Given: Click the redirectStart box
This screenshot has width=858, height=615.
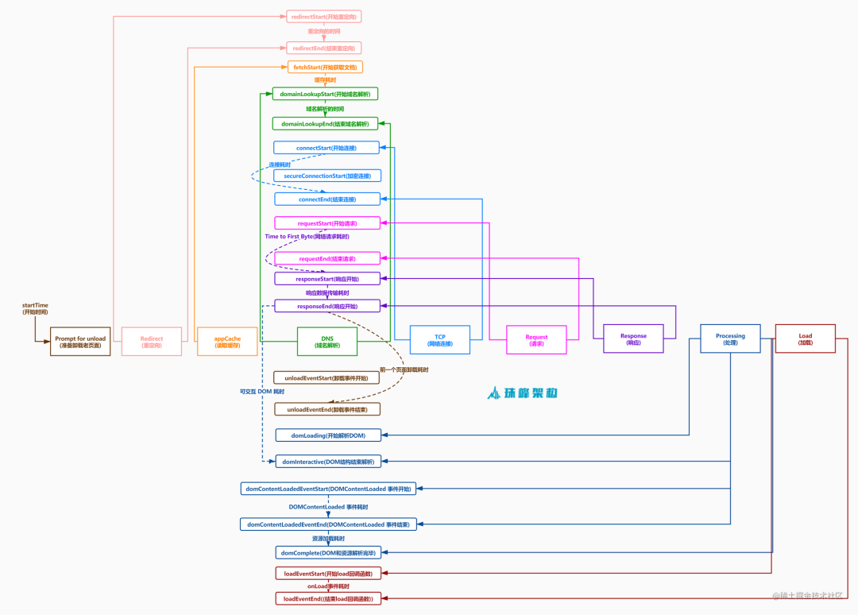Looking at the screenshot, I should click(x=323, y=16).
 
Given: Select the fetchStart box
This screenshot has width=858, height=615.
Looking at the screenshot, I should click(x=325, y=68).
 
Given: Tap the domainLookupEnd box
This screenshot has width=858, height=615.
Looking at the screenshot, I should click(x=324, y=124).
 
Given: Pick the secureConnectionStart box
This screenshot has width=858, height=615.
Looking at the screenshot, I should click(x=327, y=176).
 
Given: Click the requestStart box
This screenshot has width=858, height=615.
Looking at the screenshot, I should click(x=327, y=223).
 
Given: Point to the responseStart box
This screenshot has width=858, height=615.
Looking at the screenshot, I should click(x=327, y=279).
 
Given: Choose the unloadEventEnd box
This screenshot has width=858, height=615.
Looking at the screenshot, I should click(x=327, y=409).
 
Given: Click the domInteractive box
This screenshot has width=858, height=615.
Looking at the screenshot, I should click(x=328, y=462).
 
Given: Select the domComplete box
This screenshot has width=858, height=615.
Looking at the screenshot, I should click(x=327, y=552).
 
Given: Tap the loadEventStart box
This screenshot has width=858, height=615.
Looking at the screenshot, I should click(x=327, y=573).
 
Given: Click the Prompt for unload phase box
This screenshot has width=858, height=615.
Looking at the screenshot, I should click(x=80, y=342).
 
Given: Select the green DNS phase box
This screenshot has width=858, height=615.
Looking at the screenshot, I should click(x=327, y=342).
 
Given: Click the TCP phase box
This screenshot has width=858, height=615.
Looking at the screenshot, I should click(x=439, y=340).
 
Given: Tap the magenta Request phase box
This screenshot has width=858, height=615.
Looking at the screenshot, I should click(x=536, y=341).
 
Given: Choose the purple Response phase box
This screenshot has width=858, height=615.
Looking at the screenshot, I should click(x=633, y=339).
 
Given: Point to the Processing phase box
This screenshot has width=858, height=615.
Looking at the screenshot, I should click(x=730, y=338).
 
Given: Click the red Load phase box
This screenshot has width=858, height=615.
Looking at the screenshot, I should click(x=805, y=338).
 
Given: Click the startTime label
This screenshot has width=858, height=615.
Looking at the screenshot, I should click(x=35, y=308).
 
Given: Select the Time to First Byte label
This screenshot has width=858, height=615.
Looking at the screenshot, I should click(x=307, y=237).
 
